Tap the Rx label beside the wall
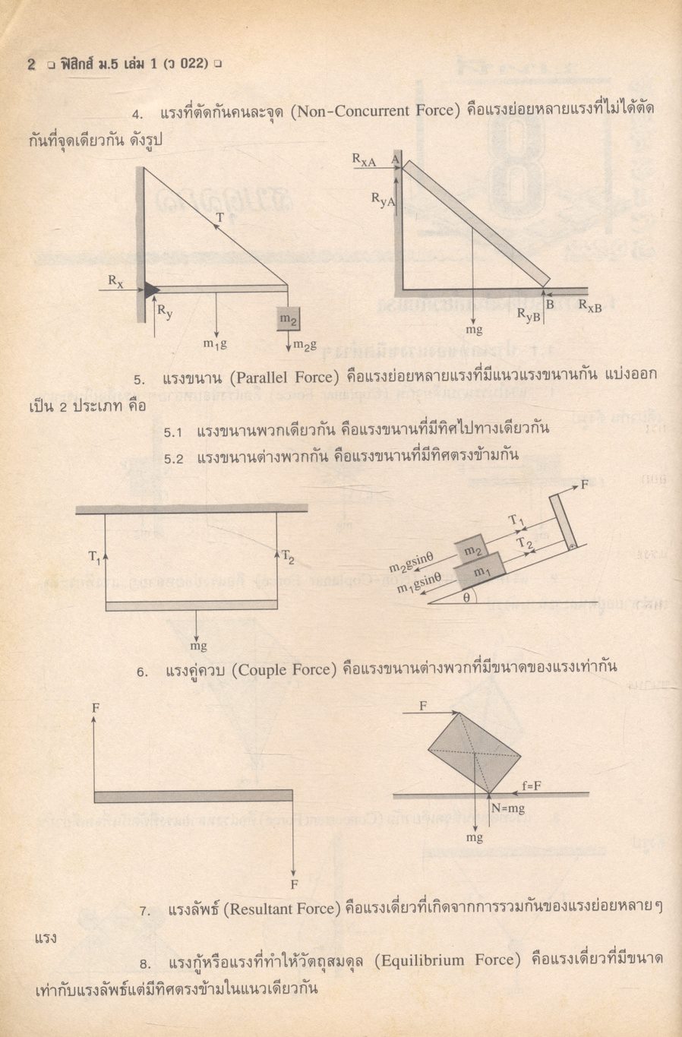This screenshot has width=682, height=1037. point(115,280)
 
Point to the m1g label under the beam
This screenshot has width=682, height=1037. point(215,343)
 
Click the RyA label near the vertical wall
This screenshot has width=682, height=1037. point(383,198)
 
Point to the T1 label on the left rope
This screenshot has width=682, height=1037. point(93,557)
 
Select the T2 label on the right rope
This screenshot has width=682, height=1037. point(288,557)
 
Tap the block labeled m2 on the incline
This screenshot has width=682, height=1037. point(472,550)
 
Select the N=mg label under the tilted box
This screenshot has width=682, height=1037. point(507,809)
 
